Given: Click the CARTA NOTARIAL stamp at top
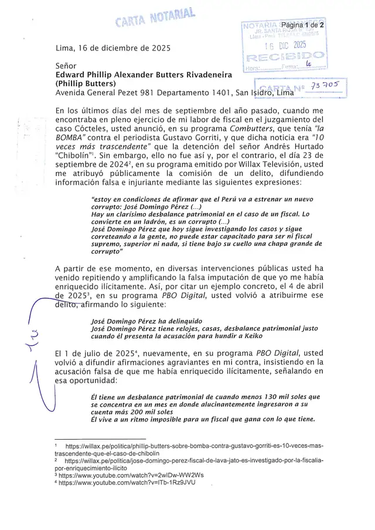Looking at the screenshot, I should click(x=155, y=18).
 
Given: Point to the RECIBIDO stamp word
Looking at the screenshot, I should click(x=285, y=58).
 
